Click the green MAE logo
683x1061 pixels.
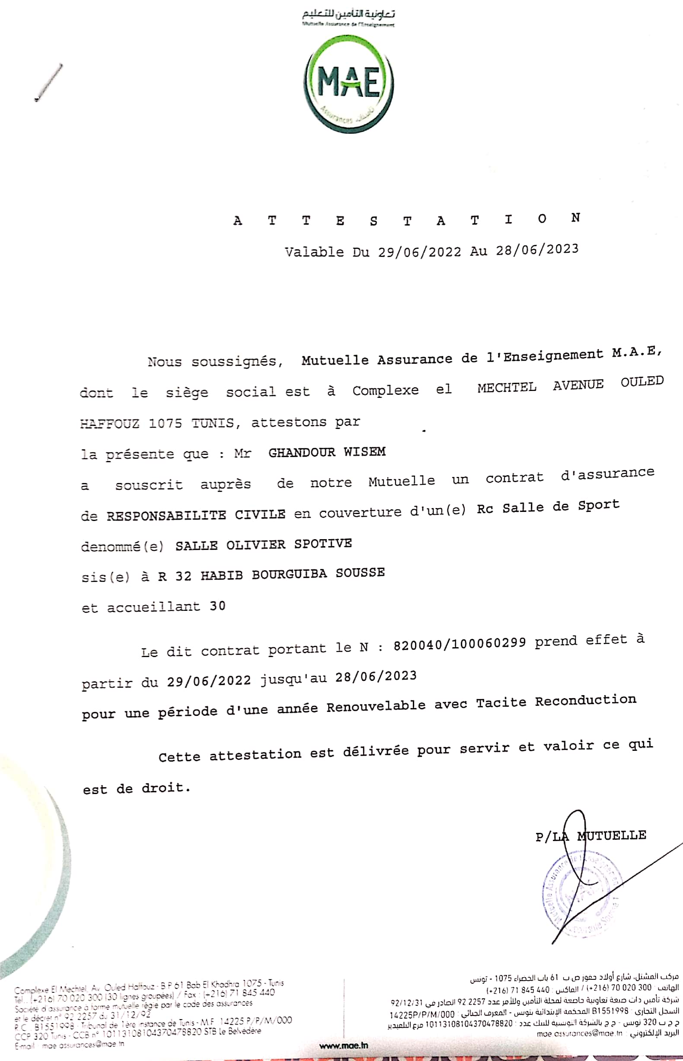(x=348, y=84)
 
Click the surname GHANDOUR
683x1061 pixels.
(x=302, y=452)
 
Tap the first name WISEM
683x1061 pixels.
(x=364, y=451)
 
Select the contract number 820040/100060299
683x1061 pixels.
(x=460, y=643)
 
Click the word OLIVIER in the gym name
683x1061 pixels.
(x=255, y=545)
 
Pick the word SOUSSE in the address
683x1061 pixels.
(x=360, y=572)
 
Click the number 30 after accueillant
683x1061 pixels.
(x=217, y=606)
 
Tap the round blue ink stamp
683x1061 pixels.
(x=581, y=894)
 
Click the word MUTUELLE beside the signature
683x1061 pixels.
(x=612, y=835)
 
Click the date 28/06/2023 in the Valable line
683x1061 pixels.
(x=537, y=250)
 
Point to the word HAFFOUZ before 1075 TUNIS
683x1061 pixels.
(x=109, y=424)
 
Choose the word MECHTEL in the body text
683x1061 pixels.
(x=507, y=388)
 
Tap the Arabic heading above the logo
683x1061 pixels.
(x=348, y=14)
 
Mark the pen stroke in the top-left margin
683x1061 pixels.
(x=49, y=83)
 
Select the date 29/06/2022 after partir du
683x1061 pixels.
(x=209, y=681)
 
